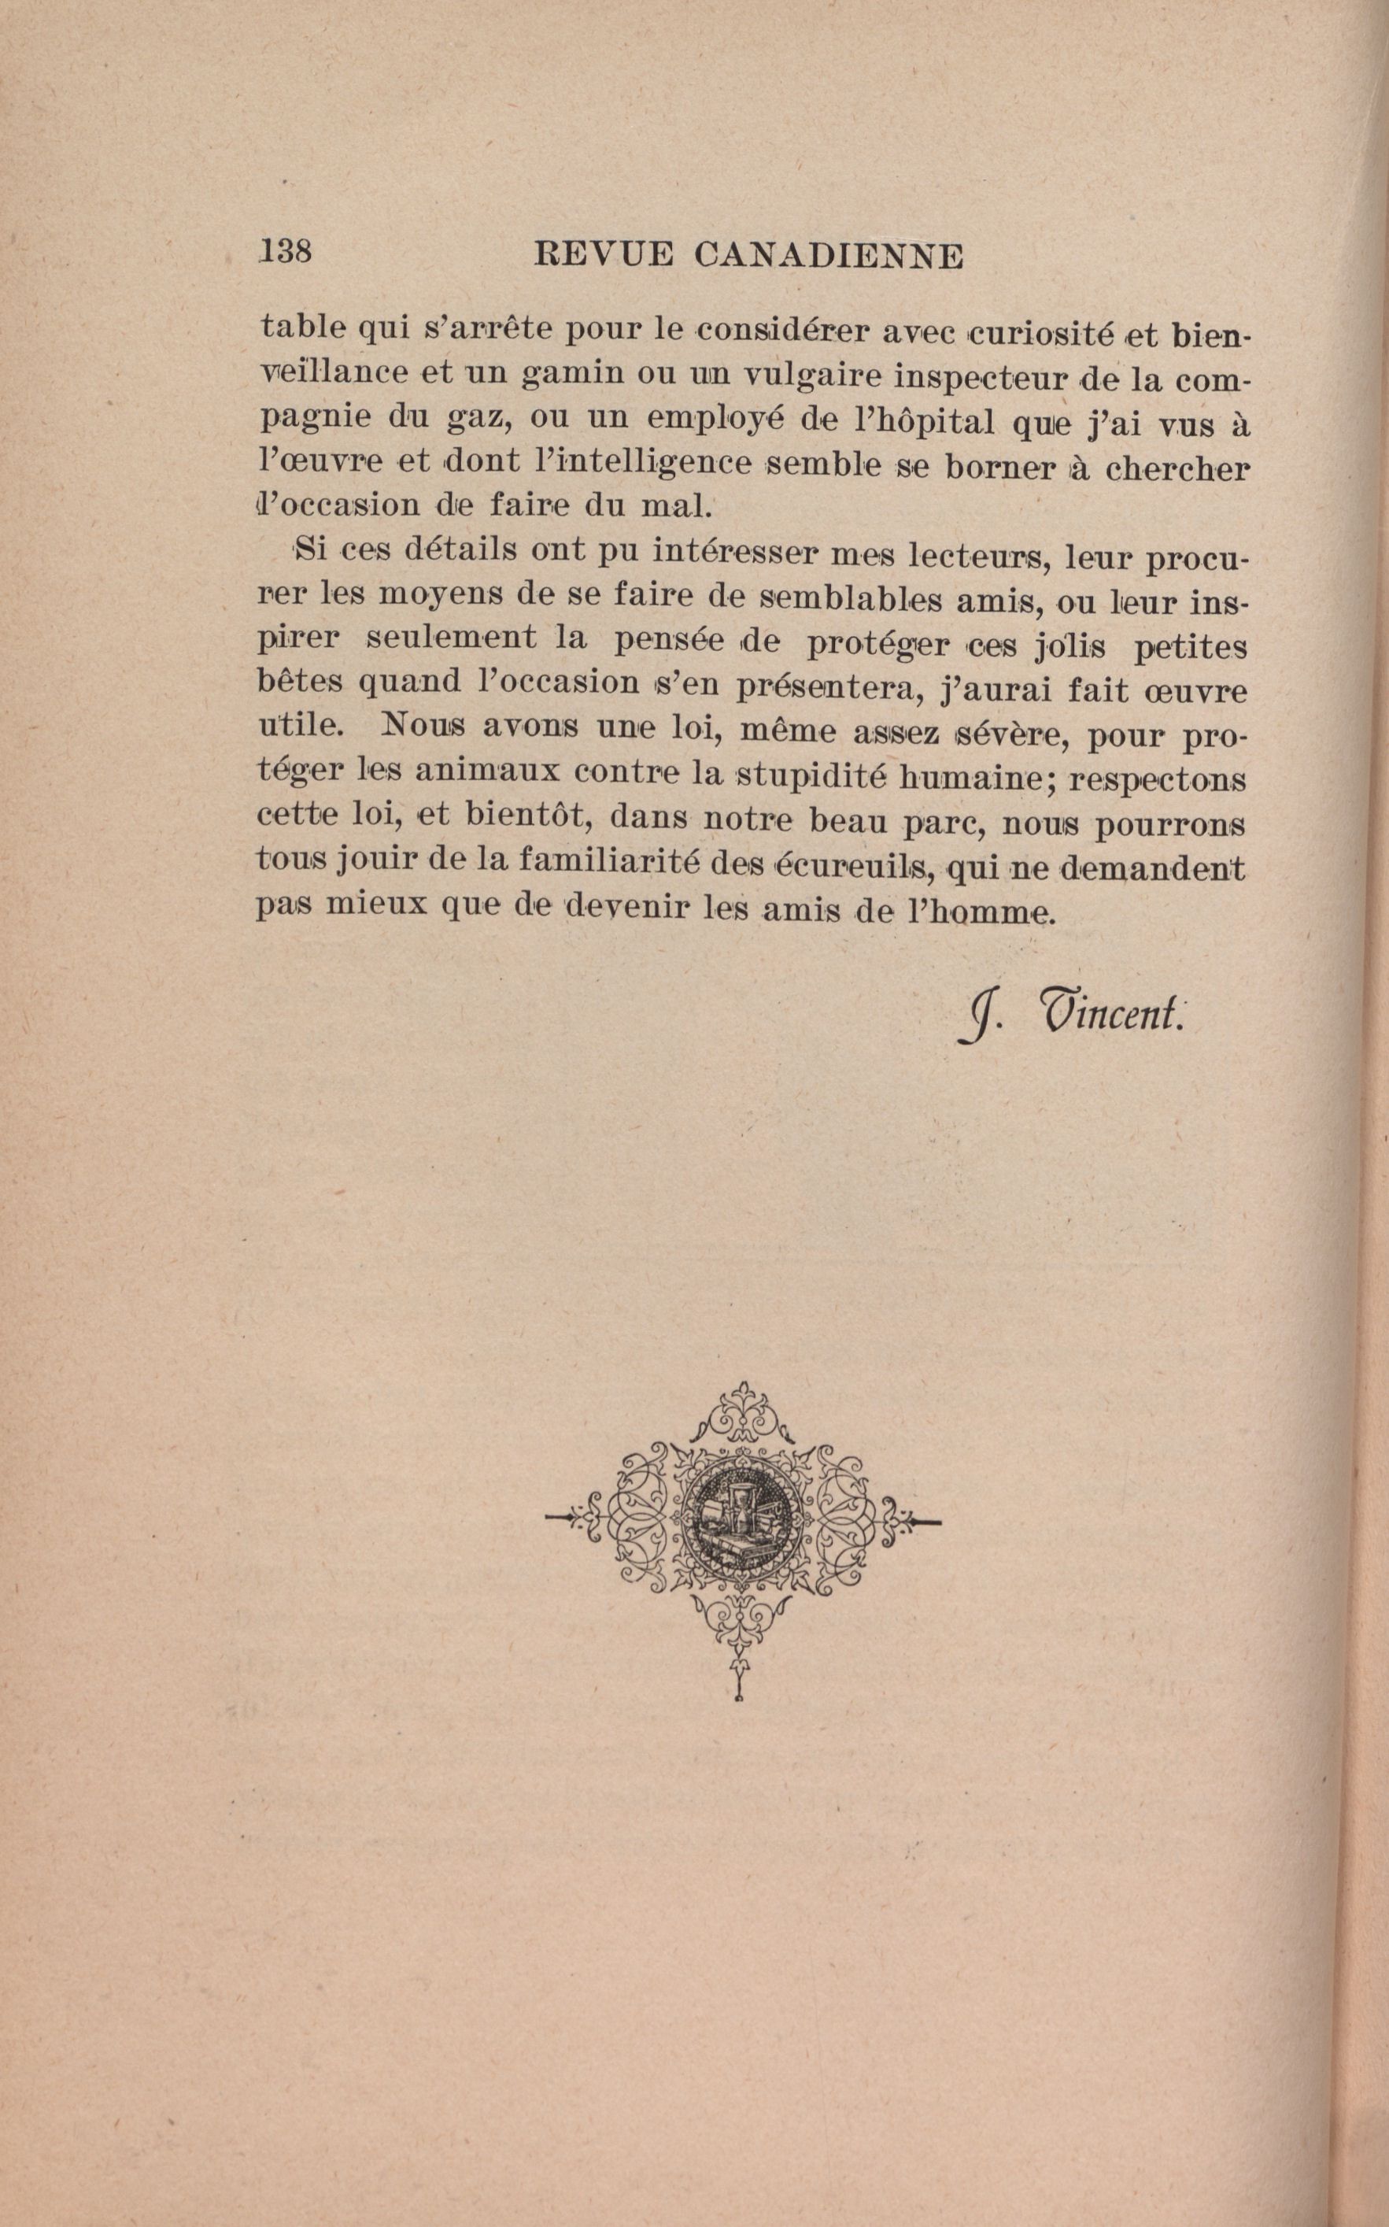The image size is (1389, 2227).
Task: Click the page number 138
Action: [x=286, y=251]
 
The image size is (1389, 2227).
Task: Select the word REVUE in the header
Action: [x=603, y=254]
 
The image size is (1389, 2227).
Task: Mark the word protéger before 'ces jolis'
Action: [x=877, y=644]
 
